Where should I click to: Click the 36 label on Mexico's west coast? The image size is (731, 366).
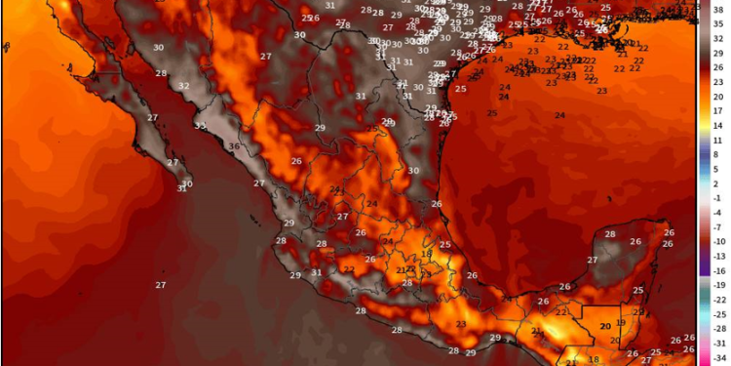[x=234, y=147]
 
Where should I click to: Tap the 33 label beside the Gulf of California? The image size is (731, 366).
[x=200, y=126]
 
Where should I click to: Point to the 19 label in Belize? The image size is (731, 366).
[x=621, y=322]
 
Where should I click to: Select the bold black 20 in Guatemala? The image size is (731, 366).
[x=605, y=326]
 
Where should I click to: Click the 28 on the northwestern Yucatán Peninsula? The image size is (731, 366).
[x=610, y=234]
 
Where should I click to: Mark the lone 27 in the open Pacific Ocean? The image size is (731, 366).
[x=161, y=284]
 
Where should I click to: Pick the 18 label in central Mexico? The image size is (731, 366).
[x=426, y=253]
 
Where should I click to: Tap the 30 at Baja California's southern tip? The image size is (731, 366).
[x=187, y=183]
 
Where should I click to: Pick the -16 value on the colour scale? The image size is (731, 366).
[x=718, y=270]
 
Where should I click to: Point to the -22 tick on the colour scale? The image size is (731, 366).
[x=718, y=300]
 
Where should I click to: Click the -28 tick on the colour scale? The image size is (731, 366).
[x=718, y=329]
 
